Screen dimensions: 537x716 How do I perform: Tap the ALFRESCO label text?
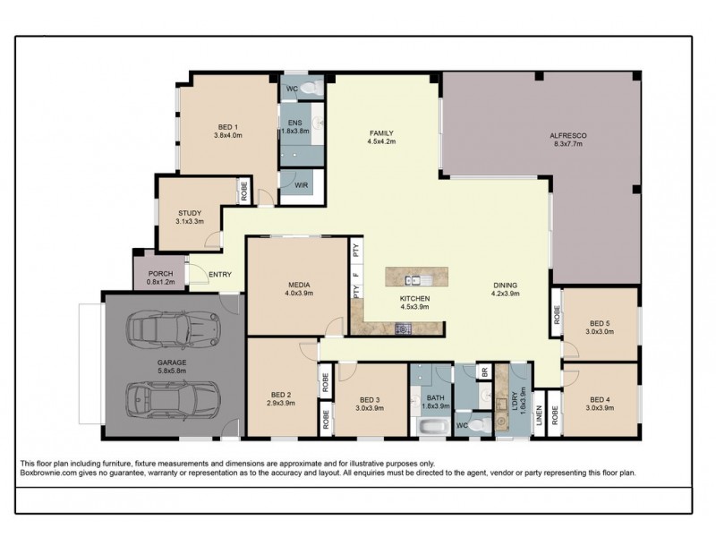point(567,135)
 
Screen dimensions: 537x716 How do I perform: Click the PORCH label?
point(160,274)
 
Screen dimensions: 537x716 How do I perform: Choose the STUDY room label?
point(189,212)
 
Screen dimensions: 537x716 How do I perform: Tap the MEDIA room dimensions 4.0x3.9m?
point(298,292)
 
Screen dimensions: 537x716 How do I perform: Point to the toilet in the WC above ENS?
point(309,88)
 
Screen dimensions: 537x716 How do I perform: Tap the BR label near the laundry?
point(483,371)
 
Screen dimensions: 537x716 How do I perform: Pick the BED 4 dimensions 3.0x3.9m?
point(599,408)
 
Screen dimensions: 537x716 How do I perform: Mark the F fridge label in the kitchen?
point(356,274)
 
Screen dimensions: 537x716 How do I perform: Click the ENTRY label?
point(220,275)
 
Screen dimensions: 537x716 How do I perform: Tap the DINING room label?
point(506,285)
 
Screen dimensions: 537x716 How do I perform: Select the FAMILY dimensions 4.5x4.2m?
point(380,141)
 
